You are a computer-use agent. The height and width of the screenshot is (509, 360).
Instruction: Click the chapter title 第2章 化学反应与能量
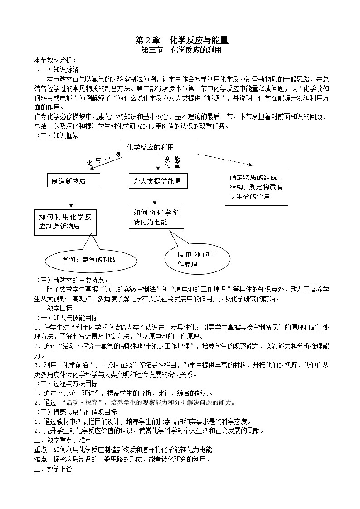coord(180,40)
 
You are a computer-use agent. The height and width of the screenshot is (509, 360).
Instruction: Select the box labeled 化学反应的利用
coord(159,147)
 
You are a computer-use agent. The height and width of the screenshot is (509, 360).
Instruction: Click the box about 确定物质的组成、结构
coord(256,187)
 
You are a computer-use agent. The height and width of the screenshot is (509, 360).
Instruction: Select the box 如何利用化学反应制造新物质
coord(65,222)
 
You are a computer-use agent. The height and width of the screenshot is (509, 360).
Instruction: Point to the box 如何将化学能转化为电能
coord(156,217)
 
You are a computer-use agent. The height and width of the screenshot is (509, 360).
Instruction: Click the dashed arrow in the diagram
coord(224,159)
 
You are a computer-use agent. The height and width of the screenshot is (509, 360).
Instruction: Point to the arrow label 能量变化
coord(172,162)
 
